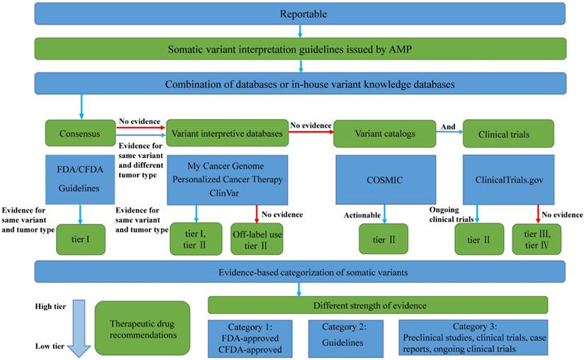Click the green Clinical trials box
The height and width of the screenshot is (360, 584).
click(507, 133)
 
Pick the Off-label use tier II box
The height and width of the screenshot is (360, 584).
click(257, 240)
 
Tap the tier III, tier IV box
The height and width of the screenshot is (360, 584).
click(538, 239)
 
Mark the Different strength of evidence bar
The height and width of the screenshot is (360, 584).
click(378, 305)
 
